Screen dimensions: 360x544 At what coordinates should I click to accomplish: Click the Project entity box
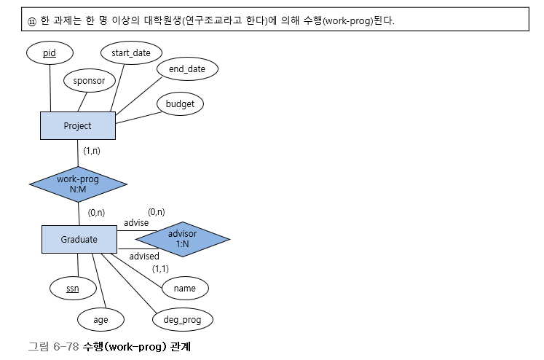point(77,125)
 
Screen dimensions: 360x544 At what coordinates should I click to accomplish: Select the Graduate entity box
point(79,238)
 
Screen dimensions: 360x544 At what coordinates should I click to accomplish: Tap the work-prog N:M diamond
point(78,183)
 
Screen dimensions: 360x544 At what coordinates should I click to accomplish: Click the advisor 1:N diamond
point(182,238)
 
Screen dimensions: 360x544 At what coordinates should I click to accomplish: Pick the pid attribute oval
point(50,53)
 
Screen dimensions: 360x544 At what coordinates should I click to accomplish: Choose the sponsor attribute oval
point(90,81)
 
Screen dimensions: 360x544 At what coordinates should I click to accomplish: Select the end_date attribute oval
point(187,69)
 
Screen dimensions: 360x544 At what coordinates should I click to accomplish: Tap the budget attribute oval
point(180,104)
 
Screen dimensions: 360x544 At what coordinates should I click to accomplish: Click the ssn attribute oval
point(72,288)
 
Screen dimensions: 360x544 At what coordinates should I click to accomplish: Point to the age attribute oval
point(100,318)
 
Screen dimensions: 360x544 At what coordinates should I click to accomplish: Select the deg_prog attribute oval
point(183,318)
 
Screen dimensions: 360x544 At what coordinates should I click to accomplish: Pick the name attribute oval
point(185,288)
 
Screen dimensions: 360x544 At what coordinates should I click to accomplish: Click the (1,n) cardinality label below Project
point(92,151)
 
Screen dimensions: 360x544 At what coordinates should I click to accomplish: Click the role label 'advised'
point(144,256)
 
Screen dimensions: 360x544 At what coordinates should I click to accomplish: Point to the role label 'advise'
point(135,222)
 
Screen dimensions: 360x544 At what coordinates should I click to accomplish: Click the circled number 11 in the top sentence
point(31,21)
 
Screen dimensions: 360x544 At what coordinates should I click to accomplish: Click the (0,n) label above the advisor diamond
point(157,211)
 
